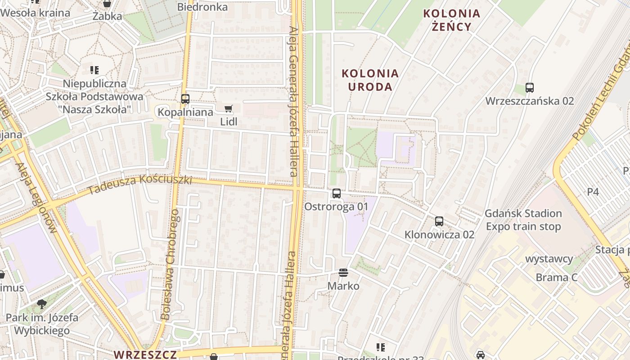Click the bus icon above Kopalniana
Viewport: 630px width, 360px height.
(185, 99)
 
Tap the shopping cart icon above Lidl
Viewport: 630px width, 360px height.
(228, 108)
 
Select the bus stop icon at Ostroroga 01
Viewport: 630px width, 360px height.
(336, 193)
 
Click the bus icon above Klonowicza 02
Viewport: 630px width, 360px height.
(439, 221)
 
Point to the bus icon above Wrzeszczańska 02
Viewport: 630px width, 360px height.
(529, 88)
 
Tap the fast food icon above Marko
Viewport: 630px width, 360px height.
(343, 273)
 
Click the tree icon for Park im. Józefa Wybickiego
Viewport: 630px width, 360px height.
(42, 304)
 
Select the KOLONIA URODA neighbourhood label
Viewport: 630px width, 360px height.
(370, 80)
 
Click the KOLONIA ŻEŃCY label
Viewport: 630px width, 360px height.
(451, 20)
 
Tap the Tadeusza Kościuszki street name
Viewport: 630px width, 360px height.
(140, 184)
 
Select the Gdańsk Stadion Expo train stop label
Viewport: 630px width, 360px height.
(523, 220)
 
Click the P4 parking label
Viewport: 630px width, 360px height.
(593, 192)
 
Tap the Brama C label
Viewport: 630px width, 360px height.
(556, 277)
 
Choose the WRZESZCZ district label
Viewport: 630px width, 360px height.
(145, 354)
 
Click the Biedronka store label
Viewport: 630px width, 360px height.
(202, 7)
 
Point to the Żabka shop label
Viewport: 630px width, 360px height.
(107, 17)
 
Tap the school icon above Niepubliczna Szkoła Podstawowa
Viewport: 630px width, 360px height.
(94, 70)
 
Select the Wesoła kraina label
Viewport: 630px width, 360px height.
(35, 13)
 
